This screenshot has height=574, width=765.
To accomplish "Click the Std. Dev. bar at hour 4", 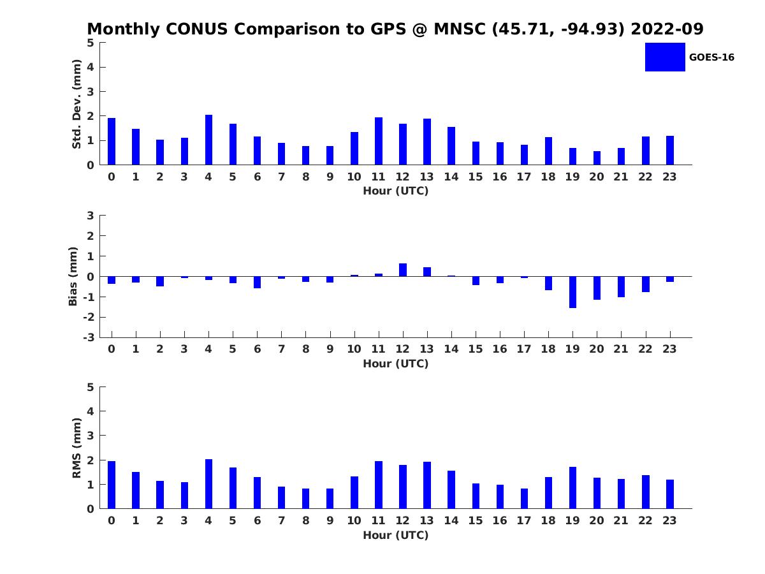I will click(208, 140).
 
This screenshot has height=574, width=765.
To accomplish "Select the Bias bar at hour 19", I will click(572, 292).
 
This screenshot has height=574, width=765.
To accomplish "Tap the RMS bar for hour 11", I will click(379, 485).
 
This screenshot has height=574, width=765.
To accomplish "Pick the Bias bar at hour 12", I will click(403, 270).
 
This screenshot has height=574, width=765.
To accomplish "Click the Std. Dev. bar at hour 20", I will click(597, 158).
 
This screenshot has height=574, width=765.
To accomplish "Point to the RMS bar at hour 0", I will click(112, 485).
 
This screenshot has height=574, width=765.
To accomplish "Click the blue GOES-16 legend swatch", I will click(665, 57).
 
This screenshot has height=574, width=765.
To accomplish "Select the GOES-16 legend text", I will click(711, 57).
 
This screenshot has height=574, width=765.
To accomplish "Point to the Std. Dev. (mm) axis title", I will click(76, 104).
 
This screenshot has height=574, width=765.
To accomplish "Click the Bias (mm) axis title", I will click(73, 276).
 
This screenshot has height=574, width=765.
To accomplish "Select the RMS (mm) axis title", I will click(76, 448).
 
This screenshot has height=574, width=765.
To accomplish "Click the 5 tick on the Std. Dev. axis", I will click(91, 43).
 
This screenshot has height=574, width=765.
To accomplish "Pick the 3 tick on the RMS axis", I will click(91, 436).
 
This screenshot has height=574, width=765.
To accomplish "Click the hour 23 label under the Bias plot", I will click(669, 349).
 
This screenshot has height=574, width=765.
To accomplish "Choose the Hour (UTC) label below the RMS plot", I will click(395, 535).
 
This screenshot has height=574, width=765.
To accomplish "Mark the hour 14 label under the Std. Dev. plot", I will click(451, 177).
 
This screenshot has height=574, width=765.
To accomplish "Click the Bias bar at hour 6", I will click(257, 282).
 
